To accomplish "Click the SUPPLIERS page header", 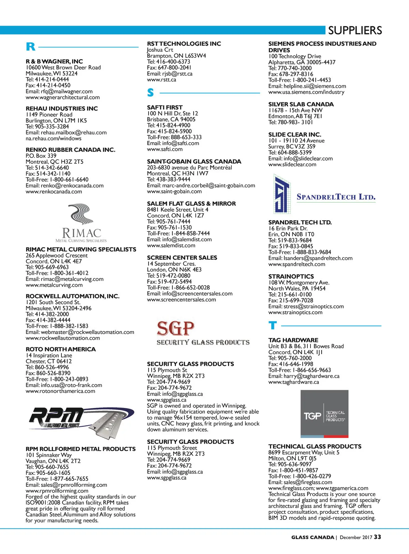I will [355, 31].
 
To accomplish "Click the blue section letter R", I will [30, 47].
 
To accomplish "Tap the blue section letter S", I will [151, 92].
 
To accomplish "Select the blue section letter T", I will [272, 325].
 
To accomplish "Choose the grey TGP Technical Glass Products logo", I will [324, 414].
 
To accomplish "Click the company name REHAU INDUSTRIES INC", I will [62, 108].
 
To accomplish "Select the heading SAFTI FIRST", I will [165, 107].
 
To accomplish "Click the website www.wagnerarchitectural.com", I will [63, 98].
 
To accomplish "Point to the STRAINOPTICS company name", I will [291, 277].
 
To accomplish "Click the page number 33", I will [377, 537].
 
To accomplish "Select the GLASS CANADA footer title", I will [313, 538].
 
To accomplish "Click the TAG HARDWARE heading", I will [293, 340].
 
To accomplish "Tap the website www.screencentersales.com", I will [181, 300].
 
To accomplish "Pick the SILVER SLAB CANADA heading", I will [301, 104].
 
